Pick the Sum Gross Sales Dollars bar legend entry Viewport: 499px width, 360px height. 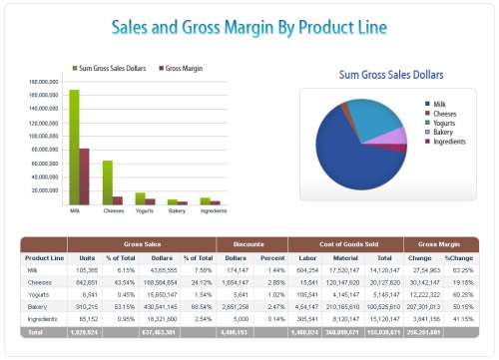click(114, 68)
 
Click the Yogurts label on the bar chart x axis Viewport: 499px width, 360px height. click(144, 211)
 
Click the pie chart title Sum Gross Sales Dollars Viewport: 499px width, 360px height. click(390, 75)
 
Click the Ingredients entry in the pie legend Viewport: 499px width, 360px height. click(450, 141)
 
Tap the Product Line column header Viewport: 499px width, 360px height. click(44, 258)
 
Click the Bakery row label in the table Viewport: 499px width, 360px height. click(37, 307)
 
